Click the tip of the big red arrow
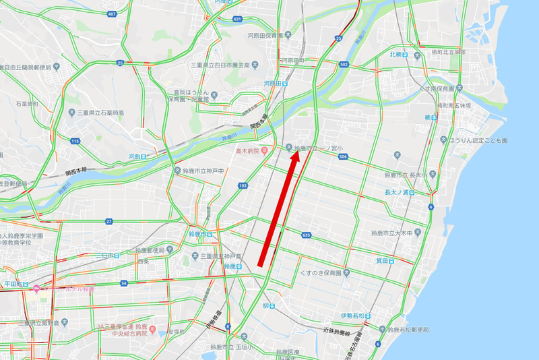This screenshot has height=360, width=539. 296,152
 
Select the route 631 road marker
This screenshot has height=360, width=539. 237,19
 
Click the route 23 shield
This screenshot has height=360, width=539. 338,38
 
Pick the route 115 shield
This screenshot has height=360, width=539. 75,140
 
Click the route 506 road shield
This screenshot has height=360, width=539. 343,156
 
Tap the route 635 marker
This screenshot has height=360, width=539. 307,235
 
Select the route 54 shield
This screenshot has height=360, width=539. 124,283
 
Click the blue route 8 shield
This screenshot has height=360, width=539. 228,326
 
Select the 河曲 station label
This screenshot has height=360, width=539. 137,156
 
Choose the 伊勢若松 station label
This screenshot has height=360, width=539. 355,316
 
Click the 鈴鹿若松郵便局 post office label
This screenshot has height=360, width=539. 407,330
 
